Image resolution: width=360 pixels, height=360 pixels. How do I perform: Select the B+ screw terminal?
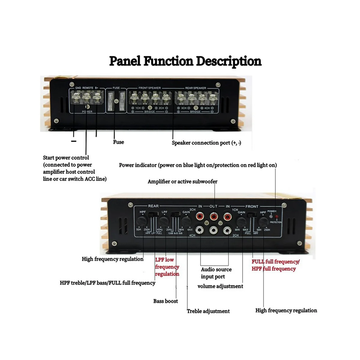(x=97, y=97)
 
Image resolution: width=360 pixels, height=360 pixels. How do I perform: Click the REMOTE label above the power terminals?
(x=88, y=88)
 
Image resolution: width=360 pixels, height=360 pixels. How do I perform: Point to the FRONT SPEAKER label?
(x=149, y=88)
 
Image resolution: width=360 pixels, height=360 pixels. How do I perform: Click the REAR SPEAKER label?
(x=196, y=88)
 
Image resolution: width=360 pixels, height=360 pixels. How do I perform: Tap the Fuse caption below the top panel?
(x=118, y=142)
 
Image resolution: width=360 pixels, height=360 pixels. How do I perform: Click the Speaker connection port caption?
(x=206, y=143)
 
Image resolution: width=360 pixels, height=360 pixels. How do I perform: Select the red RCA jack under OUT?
(x=213, y=216)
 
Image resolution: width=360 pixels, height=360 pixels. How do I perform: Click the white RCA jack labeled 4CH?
(x=199, y=230)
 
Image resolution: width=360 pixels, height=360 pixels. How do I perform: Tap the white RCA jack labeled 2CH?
(x=227, y=230)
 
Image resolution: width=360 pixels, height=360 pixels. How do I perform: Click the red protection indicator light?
(x=276, y=217)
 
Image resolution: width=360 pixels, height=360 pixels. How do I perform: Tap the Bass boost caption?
(x=166, y=301)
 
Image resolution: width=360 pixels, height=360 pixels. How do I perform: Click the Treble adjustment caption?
(x=208, y=311)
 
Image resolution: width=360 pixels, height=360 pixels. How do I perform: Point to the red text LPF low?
(x=164, y=260)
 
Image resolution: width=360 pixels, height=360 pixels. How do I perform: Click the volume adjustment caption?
(x=220, y=286)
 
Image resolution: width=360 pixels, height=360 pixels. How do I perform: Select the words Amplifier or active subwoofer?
(x=182, y=181)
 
